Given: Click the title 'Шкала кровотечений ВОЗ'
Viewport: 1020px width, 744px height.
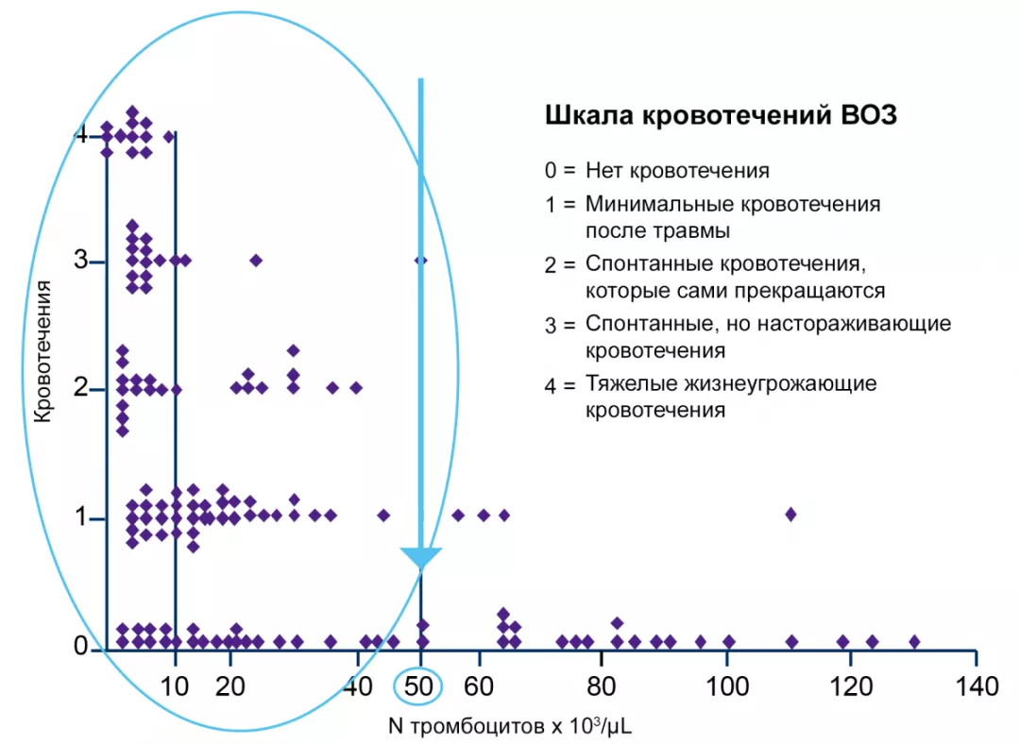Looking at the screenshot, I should pos(721,116).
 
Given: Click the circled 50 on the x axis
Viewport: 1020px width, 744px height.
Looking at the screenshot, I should pos(421,686).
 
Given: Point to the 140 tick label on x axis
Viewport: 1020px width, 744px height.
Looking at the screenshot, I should pos(976,686).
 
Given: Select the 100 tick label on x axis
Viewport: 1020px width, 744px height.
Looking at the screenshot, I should pos(727,686).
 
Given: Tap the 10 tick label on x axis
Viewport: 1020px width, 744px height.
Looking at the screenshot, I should pos(175,686).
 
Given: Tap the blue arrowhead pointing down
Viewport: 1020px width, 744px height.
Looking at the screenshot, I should pos(421,558).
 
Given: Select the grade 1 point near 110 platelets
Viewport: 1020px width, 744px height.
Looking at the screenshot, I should pos(791,514).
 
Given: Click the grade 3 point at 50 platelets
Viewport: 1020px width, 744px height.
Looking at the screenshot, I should pos(421,260).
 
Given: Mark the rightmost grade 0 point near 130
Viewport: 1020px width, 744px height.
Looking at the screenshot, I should pos(914,641).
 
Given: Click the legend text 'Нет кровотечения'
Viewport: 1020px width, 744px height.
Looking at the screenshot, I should pos(677,171).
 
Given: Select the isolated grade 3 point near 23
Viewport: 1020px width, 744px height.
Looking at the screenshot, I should pos(255,260).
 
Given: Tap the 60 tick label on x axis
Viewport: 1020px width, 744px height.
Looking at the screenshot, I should pos(479,686).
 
